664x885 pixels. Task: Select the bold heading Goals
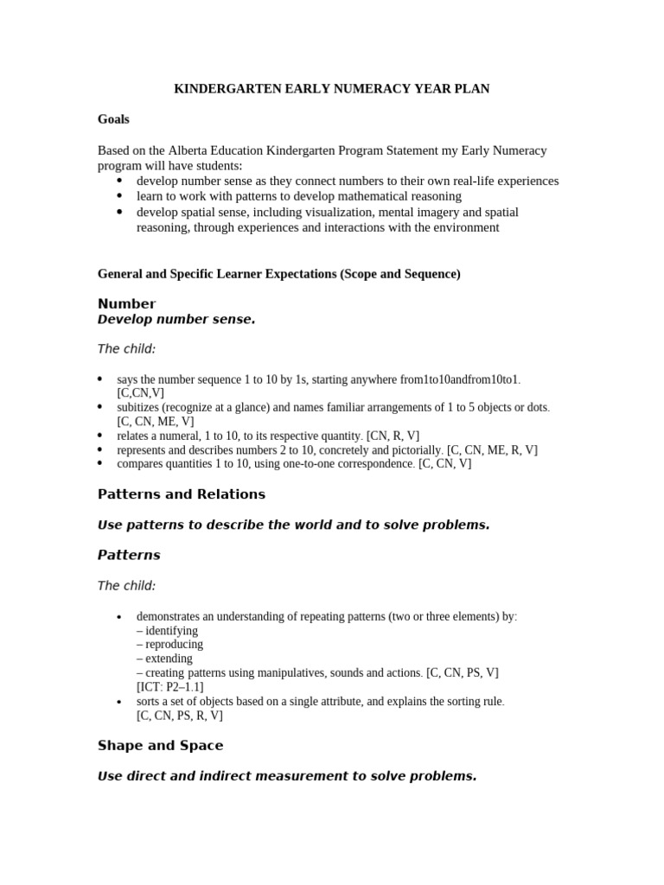pyautogui.click(x=113, y=120)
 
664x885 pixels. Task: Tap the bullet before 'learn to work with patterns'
pyautogui.click(x=119, y=196)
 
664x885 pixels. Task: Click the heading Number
pyautogui.click(x=126, y=303)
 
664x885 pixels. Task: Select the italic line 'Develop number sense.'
pyautogui.click(x=176, y=320)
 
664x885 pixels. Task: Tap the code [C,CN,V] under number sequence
pyautogui.click(x=140, y=393)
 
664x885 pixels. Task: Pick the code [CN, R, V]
pyautogui.click(x=393, y=436)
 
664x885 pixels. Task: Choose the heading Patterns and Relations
pyautogui.click(x=182, y=494)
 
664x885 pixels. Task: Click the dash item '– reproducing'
pyautogui.click(x=169, y=644)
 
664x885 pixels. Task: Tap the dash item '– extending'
pyautogui.click(x=164, y=658)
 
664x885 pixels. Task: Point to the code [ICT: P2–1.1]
pyautogui.click(x=169, y=686)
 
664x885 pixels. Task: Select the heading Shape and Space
pyautogui.click(x=160, y=745)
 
